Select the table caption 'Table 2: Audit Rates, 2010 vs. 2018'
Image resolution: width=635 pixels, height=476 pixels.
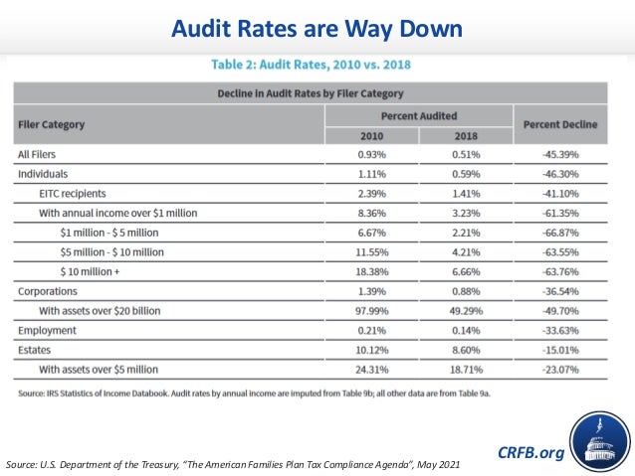[x=311, y=65]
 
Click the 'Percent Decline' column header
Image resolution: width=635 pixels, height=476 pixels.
[x=559, y=125]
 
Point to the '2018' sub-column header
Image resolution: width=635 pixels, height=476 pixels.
[x=466, y=136]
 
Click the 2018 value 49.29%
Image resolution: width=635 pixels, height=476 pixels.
[x=465, y=310]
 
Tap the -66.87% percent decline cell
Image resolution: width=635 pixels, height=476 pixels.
[x=558, y=232]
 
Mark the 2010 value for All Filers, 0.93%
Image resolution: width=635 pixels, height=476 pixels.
[x=371, y=155]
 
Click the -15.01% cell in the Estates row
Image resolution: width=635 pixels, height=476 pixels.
[x=558, y=351]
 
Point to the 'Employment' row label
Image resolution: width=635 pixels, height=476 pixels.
[x=46, y=329]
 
